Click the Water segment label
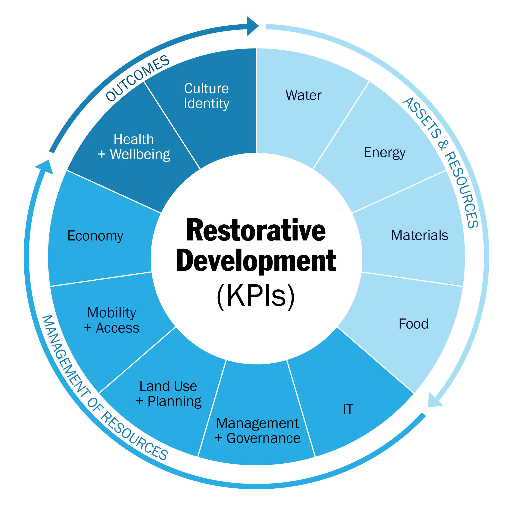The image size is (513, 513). click(303, 95)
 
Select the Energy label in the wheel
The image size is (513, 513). click(385, 153)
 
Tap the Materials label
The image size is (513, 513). click(420, 236)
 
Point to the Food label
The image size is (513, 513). click(413, 324)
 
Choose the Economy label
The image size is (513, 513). click(95, 236)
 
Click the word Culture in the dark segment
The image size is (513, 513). click(206, 88)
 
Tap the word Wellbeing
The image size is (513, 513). click(140, 155)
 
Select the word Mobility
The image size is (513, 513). click(112, 313)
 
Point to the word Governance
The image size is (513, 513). click(263, 438)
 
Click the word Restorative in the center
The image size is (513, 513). click(256, 230)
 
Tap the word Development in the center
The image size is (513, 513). click(256, 261)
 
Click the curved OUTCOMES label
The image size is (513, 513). click(137, 78)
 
